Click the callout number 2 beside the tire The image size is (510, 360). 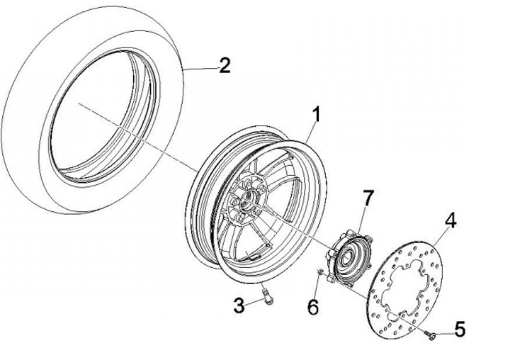(x=225, y=66)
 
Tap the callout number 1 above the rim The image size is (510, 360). (x=318, y=115)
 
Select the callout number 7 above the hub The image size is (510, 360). (x=366, y=199)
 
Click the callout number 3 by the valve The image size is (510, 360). (x=239, y=306)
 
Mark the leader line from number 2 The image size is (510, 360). (x=199, y=68)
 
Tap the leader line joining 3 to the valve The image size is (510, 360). (x=254, y=304)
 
